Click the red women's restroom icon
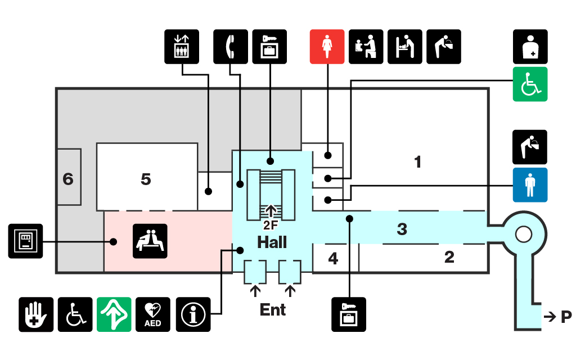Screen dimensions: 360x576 tap(327, 46)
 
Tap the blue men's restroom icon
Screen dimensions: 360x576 tap(529, 184)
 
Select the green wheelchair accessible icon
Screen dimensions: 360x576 tap(529, 84)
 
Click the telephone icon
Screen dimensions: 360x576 tap(231, 46)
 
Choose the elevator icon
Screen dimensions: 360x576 tap(182, 46)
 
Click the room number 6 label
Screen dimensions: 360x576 tap(68, 179)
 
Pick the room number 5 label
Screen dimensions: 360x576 tap(146, 179)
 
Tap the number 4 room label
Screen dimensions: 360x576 tap(334, 259)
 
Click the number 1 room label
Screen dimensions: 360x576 tap(417, 162)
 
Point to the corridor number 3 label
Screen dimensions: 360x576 tap(402, 229)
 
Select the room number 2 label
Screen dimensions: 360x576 tap(449, 257)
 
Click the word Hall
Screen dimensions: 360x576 tap(272, 242)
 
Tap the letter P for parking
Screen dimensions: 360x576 tap(566, 317)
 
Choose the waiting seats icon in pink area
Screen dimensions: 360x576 tap(150, 241)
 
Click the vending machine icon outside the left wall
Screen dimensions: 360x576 tap(25, 241)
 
